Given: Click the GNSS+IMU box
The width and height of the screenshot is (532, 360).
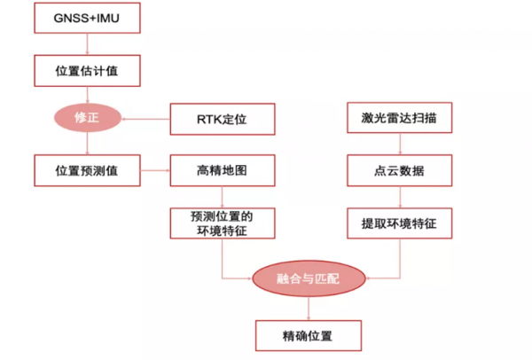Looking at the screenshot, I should [87, 17].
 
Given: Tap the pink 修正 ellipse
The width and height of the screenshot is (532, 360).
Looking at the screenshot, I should [87, 117].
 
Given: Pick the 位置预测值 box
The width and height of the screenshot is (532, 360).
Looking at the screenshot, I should [87, 168].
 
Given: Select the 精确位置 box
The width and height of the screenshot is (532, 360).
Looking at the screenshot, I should [308, 335].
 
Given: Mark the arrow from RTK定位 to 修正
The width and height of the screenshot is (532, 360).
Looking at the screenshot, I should [146, 117].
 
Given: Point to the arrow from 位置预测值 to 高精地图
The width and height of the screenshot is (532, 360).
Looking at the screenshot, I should [155, 168].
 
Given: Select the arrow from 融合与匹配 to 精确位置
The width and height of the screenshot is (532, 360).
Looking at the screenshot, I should [308, 308].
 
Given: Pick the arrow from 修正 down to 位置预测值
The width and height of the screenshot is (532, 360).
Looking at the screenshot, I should [87, 143].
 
